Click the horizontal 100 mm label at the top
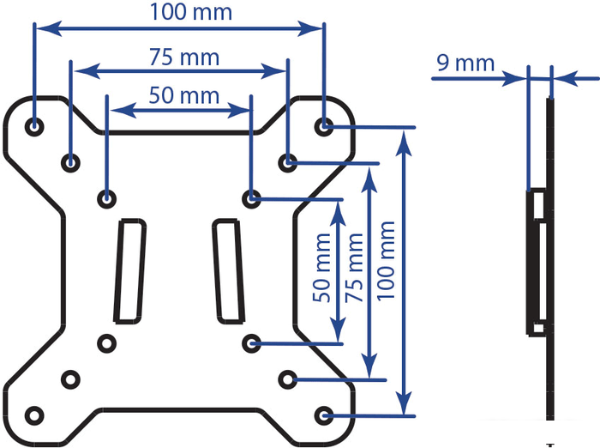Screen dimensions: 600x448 tap(191, 12)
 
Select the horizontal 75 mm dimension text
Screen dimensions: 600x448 tap(184, 58)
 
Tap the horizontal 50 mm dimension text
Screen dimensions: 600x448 tap(183, 95)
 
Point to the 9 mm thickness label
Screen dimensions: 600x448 tap(465, 64)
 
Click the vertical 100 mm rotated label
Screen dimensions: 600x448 tap(386, 261)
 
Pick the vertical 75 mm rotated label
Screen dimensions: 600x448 tap(353, 268)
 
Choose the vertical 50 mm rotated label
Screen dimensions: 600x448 tap(321, 268)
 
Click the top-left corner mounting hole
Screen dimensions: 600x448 tap(34, 126)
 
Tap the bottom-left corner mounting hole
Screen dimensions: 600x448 tap(34, 415)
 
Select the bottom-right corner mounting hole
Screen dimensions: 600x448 tap(324, 415)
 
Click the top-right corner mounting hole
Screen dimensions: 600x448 tap(324, 126)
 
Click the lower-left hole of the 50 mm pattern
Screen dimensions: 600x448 tap(107, 343)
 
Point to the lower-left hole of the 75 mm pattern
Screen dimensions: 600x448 tap(70, 379)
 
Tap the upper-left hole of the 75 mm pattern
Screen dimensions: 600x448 tap(70, 163)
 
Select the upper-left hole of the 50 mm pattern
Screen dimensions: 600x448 tap(107, 199)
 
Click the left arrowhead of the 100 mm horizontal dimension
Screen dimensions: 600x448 tap(49, 28)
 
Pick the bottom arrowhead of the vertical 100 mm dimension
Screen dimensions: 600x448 tap(404, 403)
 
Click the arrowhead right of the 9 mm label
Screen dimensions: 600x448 tap(566, 79)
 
